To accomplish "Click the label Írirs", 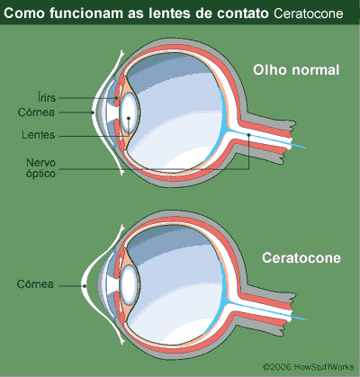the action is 47,97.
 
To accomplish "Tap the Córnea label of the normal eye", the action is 36,112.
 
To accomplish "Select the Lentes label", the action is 39,135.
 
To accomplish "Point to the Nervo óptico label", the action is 40,168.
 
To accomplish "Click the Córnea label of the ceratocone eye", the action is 35,284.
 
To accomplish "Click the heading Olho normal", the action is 296,70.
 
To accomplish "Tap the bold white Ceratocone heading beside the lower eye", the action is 301,258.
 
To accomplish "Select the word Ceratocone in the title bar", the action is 309,13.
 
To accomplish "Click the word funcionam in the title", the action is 86,13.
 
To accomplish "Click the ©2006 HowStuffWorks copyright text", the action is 309,367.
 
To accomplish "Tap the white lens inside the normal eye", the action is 130,111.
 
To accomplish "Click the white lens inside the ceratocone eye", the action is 129,283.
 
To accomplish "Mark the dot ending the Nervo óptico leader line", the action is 248,135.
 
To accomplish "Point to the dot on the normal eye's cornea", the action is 93,112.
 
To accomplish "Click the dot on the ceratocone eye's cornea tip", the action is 85,286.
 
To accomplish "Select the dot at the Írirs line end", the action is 115,98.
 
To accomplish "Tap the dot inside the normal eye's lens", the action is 129,118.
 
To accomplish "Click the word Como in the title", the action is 24,13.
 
